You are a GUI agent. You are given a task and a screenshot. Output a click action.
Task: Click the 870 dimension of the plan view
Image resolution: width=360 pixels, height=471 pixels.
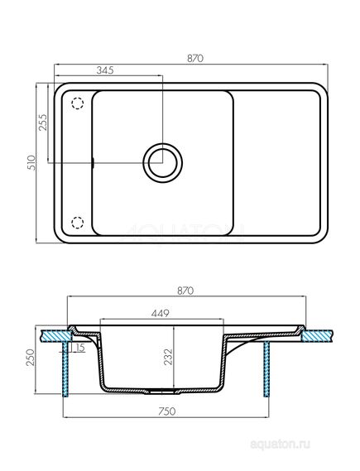pos(196,59)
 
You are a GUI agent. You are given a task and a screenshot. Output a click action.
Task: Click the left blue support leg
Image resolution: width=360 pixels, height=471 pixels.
pos(65,377)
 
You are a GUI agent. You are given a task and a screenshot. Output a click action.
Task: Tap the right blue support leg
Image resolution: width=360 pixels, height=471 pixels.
pos(266,377)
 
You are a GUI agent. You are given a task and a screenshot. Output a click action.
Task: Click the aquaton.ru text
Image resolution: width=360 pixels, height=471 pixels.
pos(321,455)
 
